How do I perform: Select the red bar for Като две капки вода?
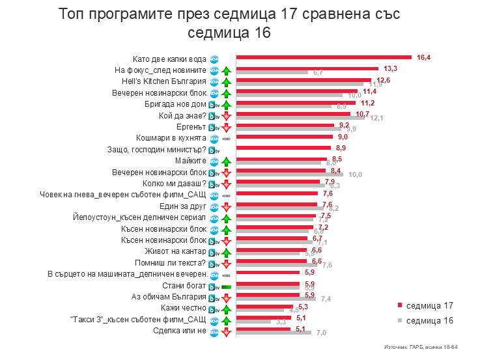tap(324, 57)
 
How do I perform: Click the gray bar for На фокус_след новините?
tap(272, 72)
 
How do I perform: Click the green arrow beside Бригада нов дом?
tap(225, 104)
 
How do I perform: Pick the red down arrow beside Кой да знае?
tap(225, 116)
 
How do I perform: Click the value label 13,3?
tap(391, 68)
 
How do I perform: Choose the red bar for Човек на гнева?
tap(277, 193)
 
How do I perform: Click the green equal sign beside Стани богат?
tap(225, 286)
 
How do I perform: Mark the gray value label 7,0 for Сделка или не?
tap(321, 333)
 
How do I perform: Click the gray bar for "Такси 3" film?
tap(253, 322)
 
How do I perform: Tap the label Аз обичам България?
tap(174, 297)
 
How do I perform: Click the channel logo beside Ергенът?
tap(213, 127)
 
